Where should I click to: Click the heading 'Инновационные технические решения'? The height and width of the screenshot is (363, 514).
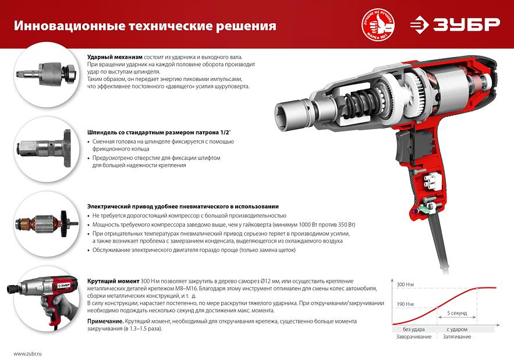[x=145, y=26]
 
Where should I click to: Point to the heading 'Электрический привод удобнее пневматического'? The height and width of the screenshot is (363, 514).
[x=182, y=207]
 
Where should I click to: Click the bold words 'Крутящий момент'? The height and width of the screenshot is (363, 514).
[x=113, y=280]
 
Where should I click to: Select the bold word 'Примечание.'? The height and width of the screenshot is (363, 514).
[x=105, y=321]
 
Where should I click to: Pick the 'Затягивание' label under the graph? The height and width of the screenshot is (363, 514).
[x=457, y=337]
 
